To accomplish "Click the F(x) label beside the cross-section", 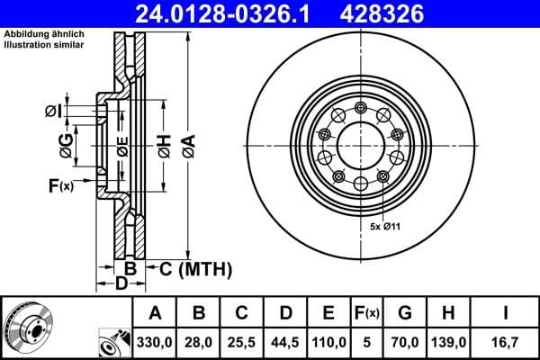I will [x=60, y=186].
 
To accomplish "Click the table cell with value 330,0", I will [x=155, y=341].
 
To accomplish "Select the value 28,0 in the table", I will [x=199, y=341].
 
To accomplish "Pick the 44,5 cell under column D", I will [x=285, y=341].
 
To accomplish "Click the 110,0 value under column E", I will [x=328, y=341].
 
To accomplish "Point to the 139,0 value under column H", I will [x=448, y=341].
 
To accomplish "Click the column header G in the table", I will [x=405, y=312].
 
